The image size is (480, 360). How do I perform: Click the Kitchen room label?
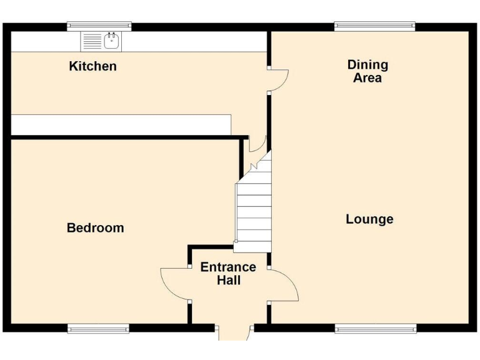click(x=92, y=66)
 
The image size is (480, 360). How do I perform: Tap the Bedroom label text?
click(x=95, y=228)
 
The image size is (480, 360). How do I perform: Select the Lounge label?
click(x=369, y=219)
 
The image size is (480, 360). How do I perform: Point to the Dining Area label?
click(x=367, y=71)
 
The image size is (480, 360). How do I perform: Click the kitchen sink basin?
click(x=112, y=42)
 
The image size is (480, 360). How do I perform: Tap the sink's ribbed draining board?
click(x=92, y=42)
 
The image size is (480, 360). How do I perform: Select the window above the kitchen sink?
click(x=99, y=26)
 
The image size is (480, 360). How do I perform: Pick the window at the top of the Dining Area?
click(x=374, y=26)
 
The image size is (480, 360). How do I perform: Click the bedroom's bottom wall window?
click(x=98, y=328)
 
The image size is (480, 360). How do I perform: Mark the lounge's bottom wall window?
click(x=375, y=328)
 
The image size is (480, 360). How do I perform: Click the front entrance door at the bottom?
click(x=234, y=333)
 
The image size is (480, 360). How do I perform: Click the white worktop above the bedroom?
click(x=121, y=124)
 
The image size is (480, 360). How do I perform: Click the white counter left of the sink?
click(x=46, y=42)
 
